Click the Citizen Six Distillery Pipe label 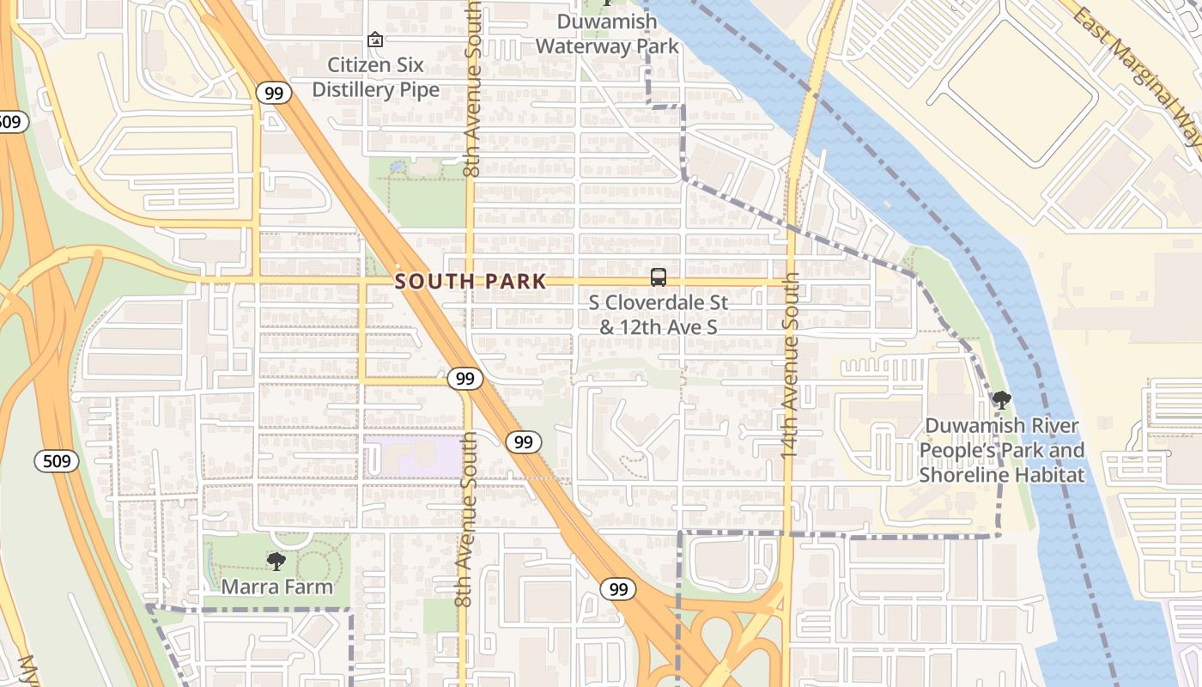click(375, 77)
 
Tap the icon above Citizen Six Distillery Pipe click(374, 40)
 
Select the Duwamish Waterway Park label click(607, 33)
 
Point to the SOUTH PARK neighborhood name click(470, 282)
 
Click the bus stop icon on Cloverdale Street click(659, 277)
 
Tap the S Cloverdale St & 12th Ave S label click(659, 314)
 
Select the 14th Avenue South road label click(791, 364)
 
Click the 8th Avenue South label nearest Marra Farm click(466, 520)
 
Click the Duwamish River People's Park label click(1002, 450)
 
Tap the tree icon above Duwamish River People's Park click(1001, 399)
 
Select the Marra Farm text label click(276, 587)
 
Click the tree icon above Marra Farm click(276, 562)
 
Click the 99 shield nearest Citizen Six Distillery click(274, 94)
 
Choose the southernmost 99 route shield click(618, 589)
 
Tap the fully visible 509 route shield click(57, 461)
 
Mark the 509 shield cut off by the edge click(9, 121)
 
